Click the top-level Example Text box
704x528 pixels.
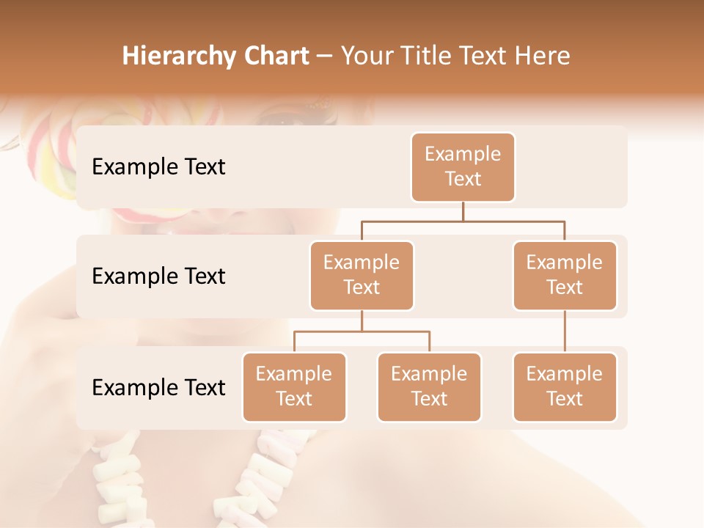463,166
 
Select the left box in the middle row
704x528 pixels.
362,275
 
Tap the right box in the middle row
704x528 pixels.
565,275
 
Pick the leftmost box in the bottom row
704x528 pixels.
294,386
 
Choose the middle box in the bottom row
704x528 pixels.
429,386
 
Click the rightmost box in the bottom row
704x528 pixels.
565,386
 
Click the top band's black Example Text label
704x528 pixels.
158,166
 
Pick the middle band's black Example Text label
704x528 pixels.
158,276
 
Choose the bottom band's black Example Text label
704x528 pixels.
158,387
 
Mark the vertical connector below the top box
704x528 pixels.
463,211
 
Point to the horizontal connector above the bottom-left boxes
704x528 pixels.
362,331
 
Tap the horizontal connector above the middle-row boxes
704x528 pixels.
463,221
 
